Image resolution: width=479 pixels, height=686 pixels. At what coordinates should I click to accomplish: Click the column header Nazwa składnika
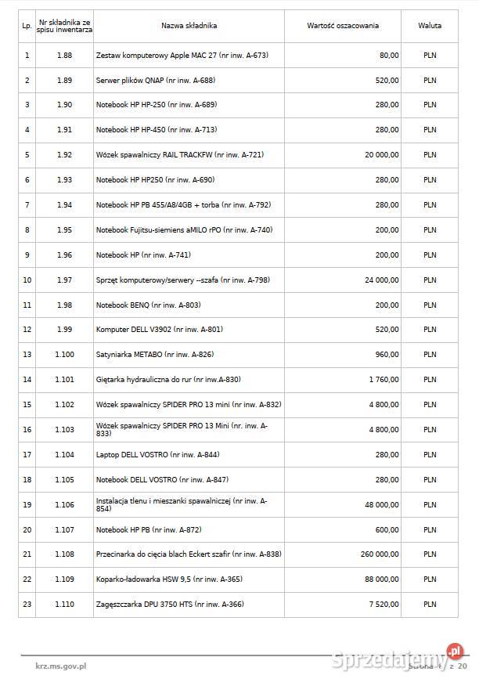[x=189, y=26]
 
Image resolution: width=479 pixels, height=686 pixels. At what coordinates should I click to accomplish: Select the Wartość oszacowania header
[x=343, y=26]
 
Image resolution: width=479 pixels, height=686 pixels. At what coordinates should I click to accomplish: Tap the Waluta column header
[x=430, y=26]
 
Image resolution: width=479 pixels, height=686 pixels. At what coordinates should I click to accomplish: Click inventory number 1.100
[x=65, y=355]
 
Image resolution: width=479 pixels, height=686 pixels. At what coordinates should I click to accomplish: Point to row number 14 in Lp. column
[x=27, y=380]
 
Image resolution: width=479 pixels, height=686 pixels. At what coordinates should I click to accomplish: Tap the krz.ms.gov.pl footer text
[x=61, y=666]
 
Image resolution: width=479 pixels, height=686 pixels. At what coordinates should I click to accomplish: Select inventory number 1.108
[x=65, y=554]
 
